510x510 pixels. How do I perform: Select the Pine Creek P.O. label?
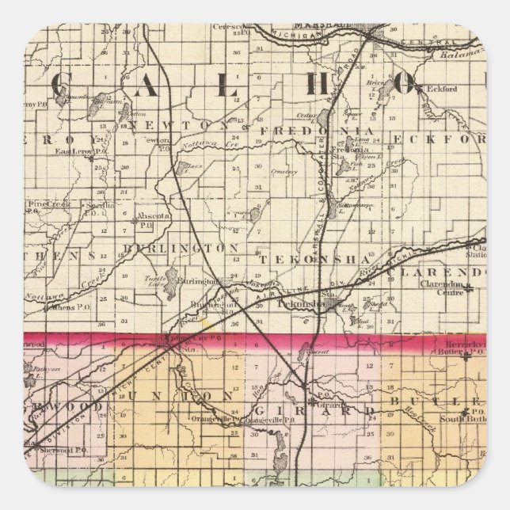point(49,204)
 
